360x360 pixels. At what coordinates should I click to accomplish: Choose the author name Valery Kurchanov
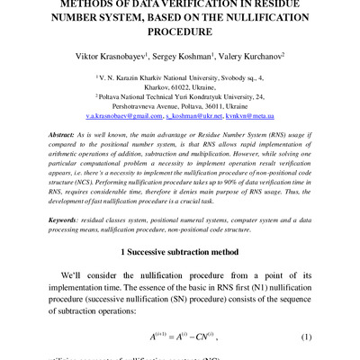point(256,55)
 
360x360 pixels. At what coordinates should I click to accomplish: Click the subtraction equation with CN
point(184,337)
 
